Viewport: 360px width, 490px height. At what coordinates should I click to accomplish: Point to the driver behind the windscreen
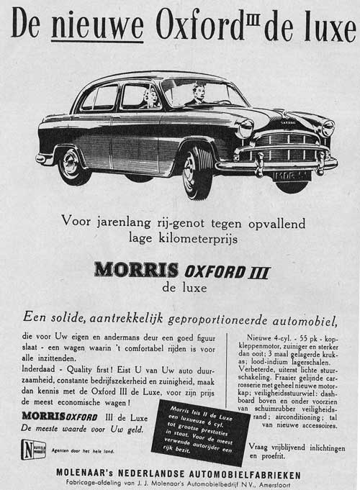(198, 94)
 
